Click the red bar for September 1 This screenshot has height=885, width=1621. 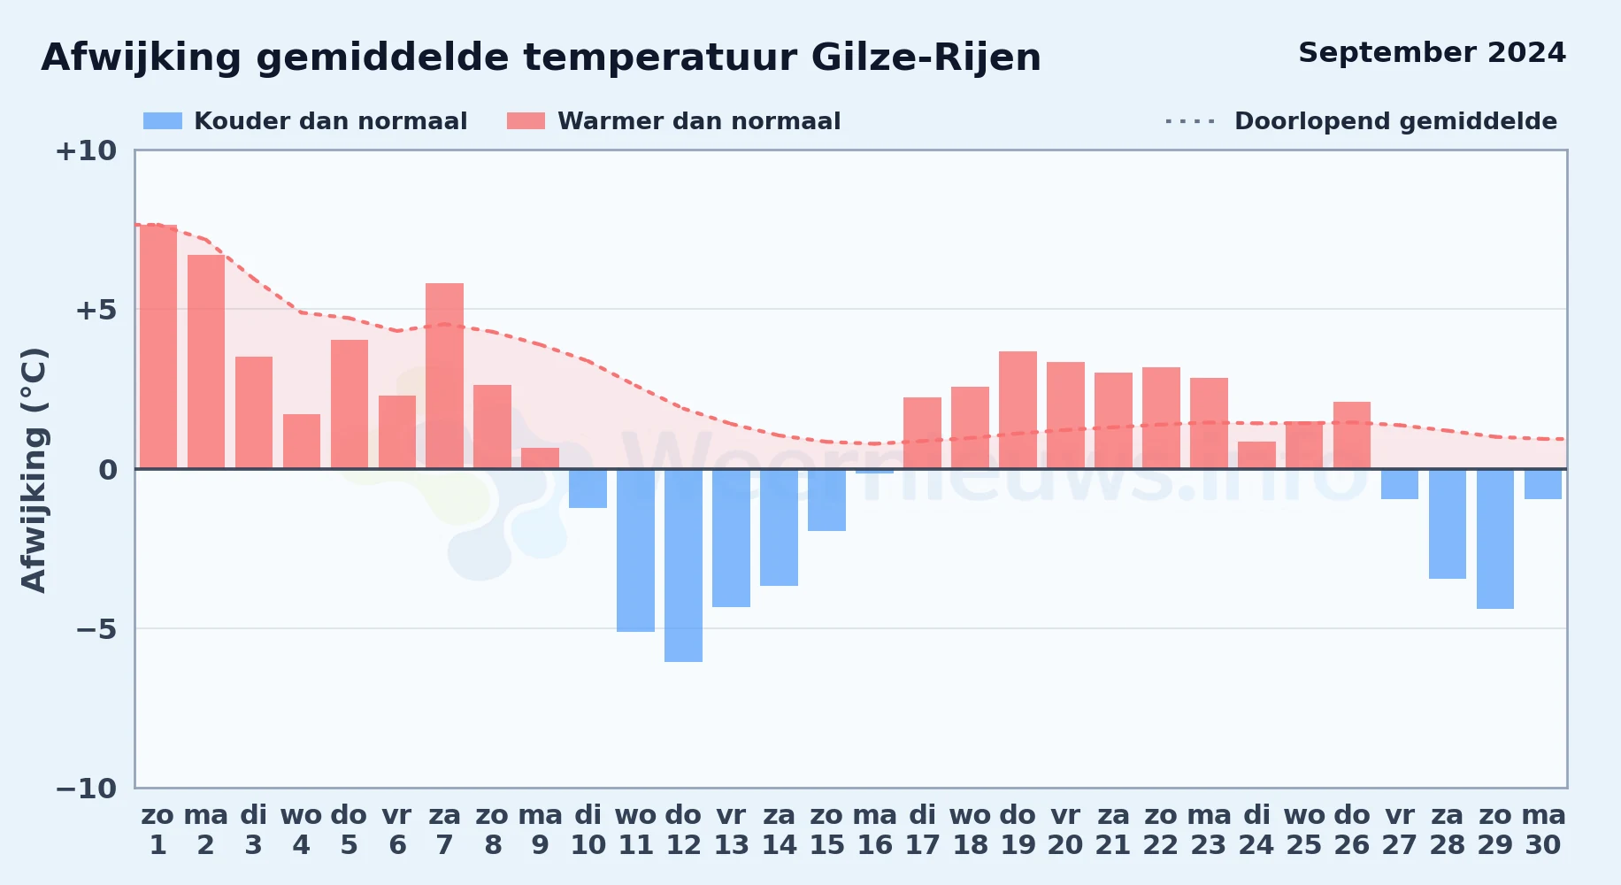click(x=158, y=347)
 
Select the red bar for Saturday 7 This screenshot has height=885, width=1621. click(x=445, y=376)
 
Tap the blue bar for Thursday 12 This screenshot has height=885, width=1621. click(x=684, y=566)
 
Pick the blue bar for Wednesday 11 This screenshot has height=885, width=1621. click(x=636, y=550)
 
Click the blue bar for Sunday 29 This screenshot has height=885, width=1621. click(x=1495, y=539)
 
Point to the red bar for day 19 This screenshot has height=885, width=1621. click(x=1018, y=410)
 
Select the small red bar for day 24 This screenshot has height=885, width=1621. click(x=1257, y=455)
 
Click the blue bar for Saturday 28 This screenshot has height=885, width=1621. click(x=1448, y=524)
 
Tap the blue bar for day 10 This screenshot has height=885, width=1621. click(x=588, y=489)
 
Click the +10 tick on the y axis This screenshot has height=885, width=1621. click(x=87, y=150)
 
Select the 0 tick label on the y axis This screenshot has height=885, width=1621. click(x=108, y=469)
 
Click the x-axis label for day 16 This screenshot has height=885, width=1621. click(x=875, y=829)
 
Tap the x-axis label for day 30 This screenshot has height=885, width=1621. click(x=1544, y=829)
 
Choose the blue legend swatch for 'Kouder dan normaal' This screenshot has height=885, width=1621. click(x=163, y=121)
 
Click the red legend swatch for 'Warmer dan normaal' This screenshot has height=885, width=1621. click(x=526, y=121)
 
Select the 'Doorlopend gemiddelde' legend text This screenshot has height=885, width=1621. click(x=1396, y=121)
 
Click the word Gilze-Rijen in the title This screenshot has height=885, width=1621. click(x=926, y=58)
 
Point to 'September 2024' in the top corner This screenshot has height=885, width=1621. click(x=1433, y=53)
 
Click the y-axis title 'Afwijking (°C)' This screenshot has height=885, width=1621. click(x=34, y=470)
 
